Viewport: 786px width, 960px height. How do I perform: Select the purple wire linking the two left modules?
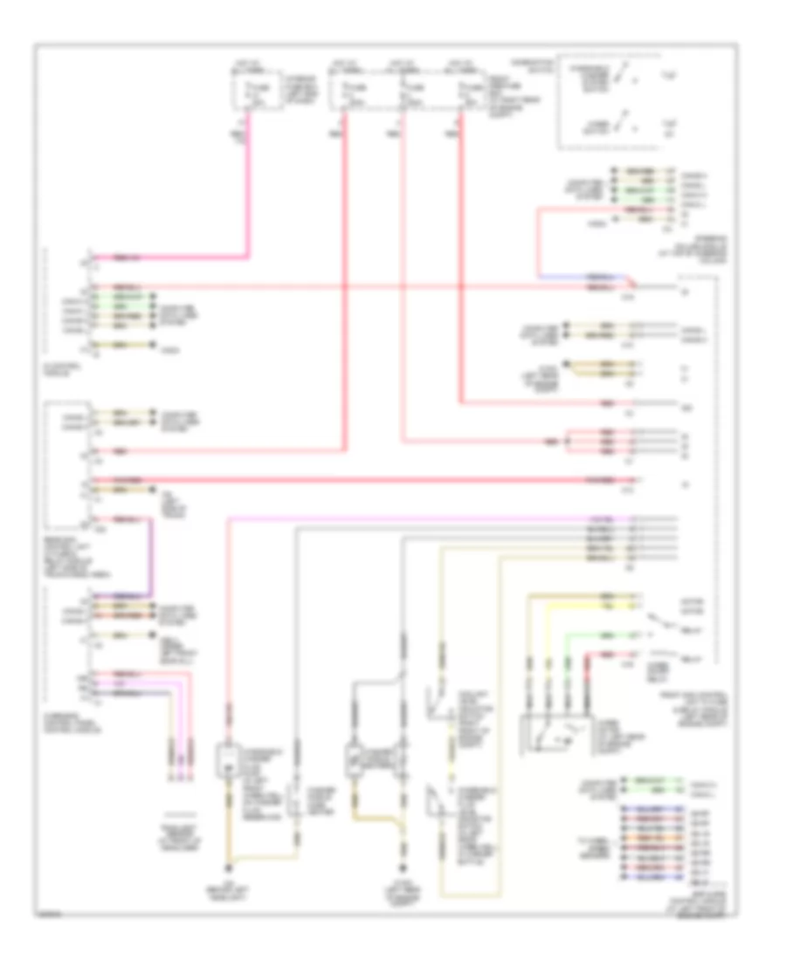point(154,559)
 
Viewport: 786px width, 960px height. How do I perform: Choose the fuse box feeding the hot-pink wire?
point(258,90)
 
